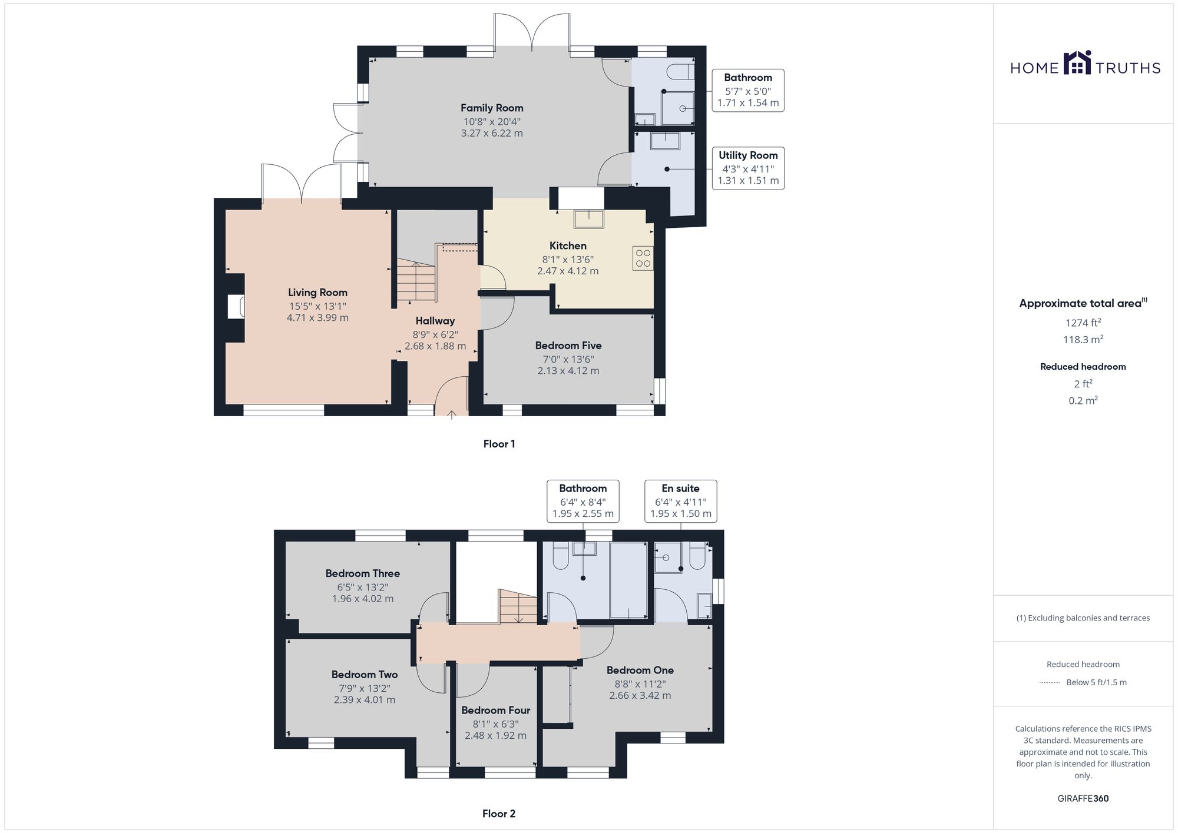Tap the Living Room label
(x=317, y=293)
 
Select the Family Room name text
(x=492, y=108)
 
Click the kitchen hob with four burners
(x=643, y=258)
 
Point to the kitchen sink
(x=588, y=218)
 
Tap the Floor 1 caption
(x=499, y=444)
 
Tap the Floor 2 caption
(x=499, y=814)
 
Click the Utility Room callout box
(x=748, y=168)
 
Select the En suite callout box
(x=680, y=501)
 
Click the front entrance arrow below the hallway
(x=452, y=414)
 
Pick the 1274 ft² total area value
(x=1083, y=323)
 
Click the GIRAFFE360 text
(x=1083, y=799)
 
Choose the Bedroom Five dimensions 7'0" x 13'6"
(x=568, y=359)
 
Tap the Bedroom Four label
(x=496, y=711)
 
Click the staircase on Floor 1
(x=416, y=279)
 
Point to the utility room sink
(x=665, y=141)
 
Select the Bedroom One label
(x=640, y=671)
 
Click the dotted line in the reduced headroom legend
(x=1050, y=683)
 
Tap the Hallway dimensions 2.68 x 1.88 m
(x=435, y=346)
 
